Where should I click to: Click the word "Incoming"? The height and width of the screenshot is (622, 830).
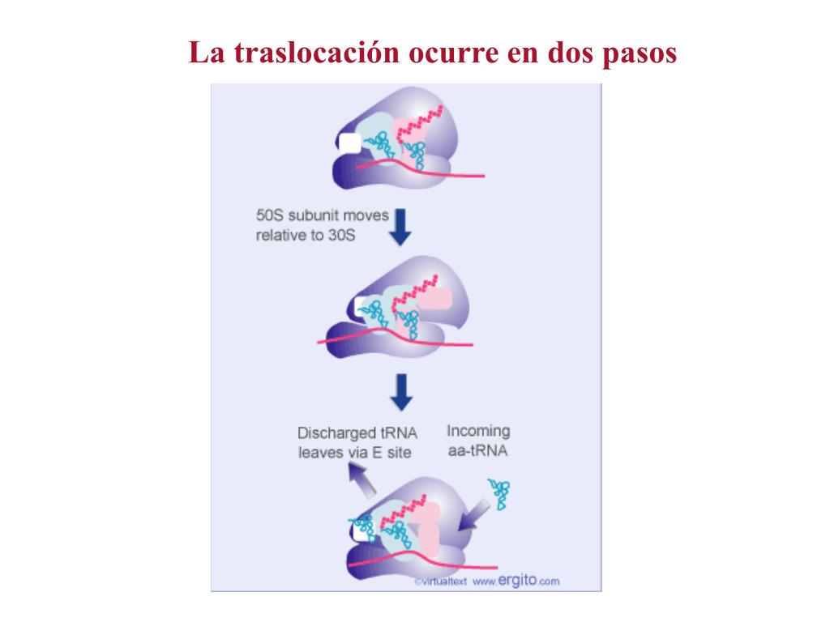[478, 432]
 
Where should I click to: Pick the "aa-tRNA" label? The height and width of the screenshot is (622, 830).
[477, 451]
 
